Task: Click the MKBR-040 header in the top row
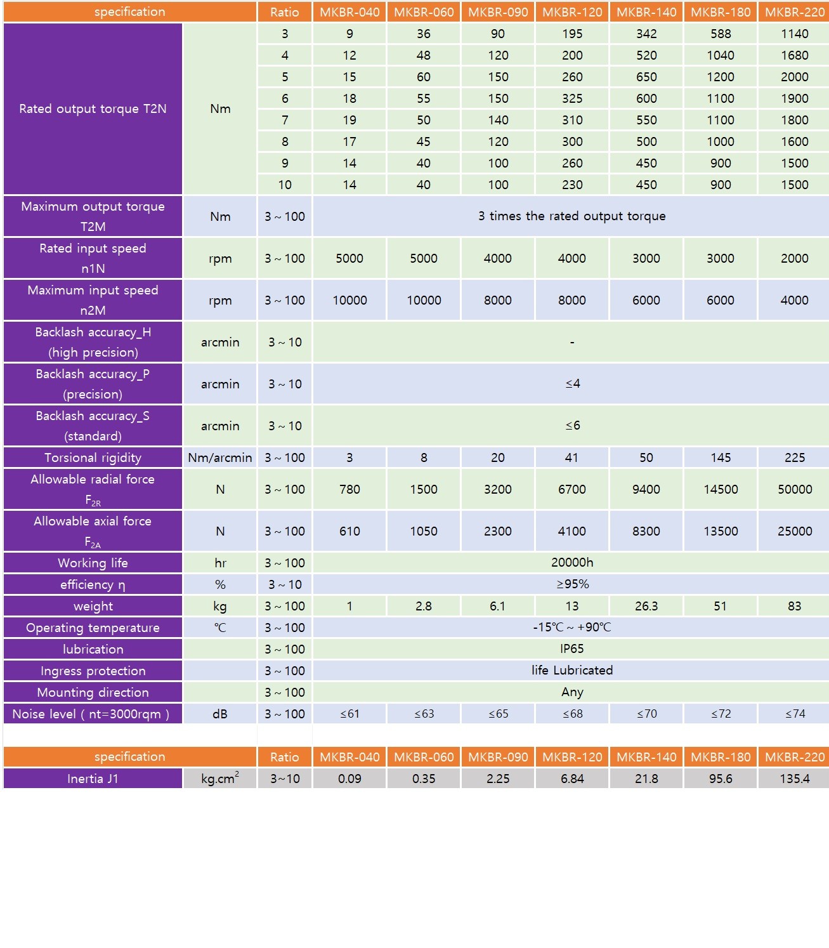[349, 12]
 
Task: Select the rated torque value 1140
[794, 34]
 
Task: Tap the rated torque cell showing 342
[646, 34]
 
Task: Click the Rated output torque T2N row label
[93, 109]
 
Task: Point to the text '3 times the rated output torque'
[571, 216]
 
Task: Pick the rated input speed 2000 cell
[794, 258]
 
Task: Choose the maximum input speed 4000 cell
[794, 300]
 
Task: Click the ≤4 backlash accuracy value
[572, 384]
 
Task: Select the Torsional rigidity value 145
[721, 458]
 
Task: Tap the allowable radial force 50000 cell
[794, 489]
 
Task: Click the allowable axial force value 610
[349, 531]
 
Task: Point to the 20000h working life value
[571, 563]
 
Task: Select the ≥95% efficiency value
[572, 584]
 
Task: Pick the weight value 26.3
[646, 606]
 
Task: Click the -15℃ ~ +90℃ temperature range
[571, 628]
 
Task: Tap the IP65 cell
[571, 649]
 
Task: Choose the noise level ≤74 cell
[794, 714]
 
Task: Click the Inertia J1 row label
[93, 779]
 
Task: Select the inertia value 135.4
[794, 779]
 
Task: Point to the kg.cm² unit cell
[219, 779]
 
